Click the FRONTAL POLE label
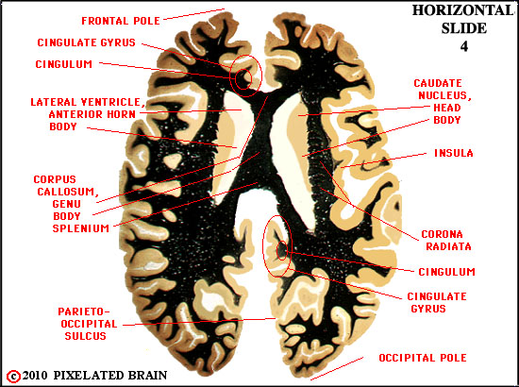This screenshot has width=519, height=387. (121, 21)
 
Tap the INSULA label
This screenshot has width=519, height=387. (454, 153)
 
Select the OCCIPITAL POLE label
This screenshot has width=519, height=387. (423, 358)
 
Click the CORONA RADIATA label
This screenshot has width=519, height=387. (445, 240)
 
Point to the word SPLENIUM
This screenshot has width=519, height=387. (81, 228)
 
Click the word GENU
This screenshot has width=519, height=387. (67, 204)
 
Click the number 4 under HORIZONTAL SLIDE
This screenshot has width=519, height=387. (464, 46)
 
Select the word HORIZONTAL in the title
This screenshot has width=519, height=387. (462, 10)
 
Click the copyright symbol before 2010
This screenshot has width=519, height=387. (13, 376)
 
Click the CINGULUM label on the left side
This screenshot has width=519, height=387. (64, 64)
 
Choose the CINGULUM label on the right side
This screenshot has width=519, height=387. (447, 272)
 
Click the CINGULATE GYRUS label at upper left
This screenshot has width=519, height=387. (87, 42)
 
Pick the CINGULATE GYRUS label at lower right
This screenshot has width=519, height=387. (437, 302)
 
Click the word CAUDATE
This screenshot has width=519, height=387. (438, 83)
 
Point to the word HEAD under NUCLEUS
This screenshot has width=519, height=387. (447, 108)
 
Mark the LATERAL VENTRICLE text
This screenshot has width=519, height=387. (88, 102)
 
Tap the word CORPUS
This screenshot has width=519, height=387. (55, 179)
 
